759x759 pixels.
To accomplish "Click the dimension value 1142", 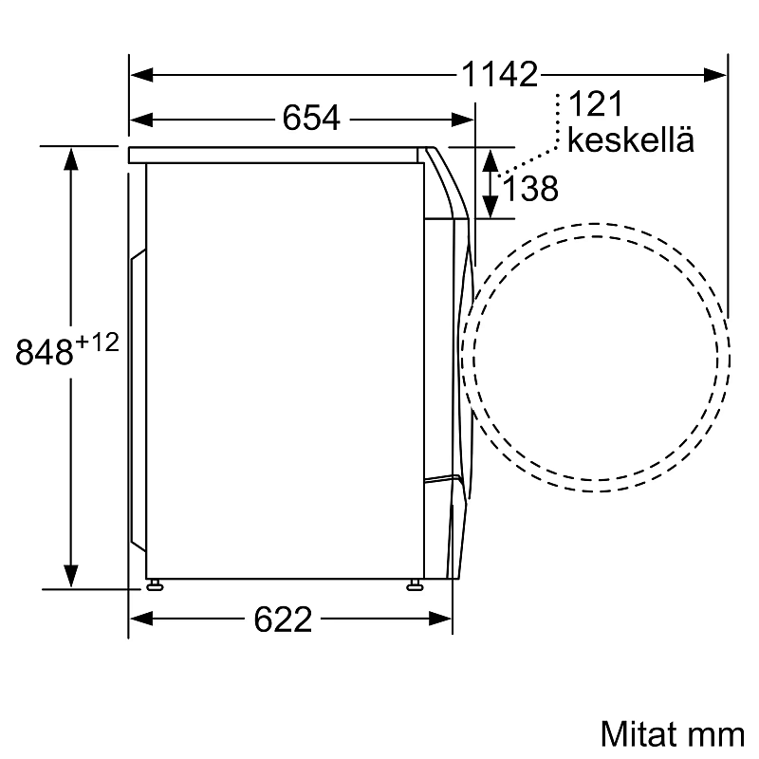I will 500,73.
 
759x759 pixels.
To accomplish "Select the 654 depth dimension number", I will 310,120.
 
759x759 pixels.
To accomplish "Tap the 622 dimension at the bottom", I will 284,620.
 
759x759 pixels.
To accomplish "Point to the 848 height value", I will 46,353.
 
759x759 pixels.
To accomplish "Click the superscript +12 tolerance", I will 98,342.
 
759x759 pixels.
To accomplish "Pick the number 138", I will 530,190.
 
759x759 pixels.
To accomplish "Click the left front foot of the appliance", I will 152,583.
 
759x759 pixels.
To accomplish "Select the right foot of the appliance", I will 415,583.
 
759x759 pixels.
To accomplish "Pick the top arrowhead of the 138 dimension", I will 491,158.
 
